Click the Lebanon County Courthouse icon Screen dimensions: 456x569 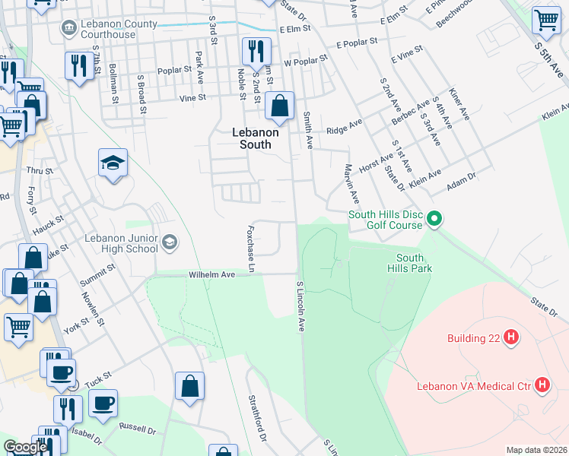pyautogui.click(x=69, y=28)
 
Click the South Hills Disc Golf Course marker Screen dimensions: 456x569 pyautogui.click(x=434, y=220)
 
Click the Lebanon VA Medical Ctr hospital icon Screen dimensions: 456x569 pyautogui.click(x=542, y=385)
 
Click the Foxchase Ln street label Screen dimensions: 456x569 pyautogui.click(x=250, y=247)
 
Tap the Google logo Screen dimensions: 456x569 pyautogui.click(x=25, y=447)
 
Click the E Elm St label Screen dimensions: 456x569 pyautogui.click(x=296, y=29)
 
